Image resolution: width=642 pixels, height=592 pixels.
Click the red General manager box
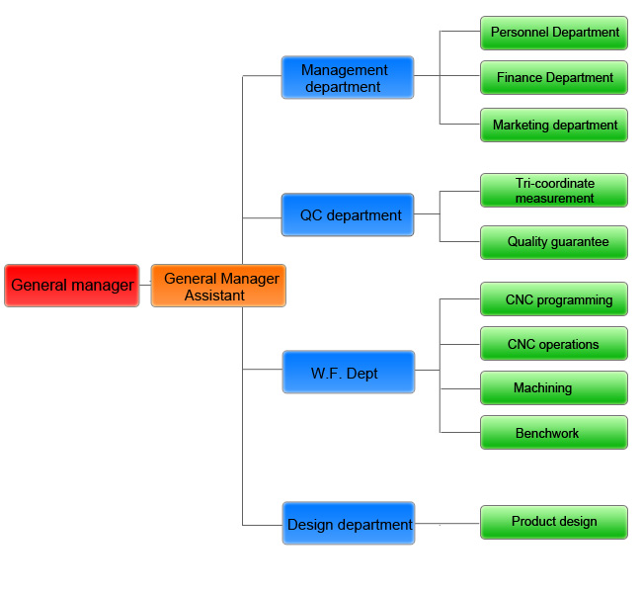71,286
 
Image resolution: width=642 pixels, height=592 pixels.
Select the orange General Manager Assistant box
218,286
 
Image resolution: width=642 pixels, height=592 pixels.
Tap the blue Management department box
347,77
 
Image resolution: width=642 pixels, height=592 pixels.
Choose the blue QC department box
347,214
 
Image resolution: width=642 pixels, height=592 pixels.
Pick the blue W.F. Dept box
348,372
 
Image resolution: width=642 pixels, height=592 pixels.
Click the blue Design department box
348,523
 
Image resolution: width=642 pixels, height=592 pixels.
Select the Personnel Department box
553,32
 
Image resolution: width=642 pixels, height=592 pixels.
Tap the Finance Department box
553,77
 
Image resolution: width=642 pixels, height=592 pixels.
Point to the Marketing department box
553,125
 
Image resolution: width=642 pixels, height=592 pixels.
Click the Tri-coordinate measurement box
553,190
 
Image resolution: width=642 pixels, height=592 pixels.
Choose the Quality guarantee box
553,242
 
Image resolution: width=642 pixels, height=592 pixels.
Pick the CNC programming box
553,299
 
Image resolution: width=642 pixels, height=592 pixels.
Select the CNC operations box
553,344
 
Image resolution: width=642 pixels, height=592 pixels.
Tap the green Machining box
553,387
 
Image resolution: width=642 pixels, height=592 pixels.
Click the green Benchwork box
553,433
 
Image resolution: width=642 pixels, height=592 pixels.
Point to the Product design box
553,522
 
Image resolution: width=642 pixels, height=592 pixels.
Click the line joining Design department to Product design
447,522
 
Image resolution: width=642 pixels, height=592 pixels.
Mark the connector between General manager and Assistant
144,286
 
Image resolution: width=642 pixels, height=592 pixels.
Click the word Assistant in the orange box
215,295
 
